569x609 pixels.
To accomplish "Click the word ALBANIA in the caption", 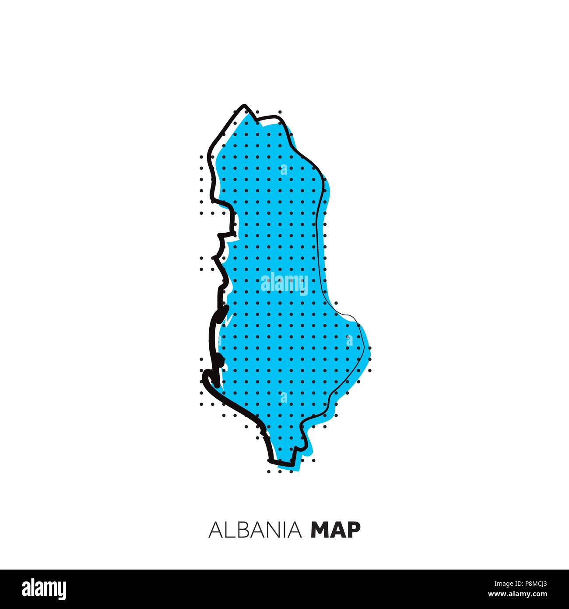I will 256,530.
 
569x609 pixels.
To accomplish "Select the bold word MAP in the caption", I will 335,530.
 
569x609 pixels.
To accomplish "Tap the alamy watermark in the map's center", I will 284,283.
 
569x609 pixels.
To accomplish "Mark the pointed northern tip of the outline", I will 245,106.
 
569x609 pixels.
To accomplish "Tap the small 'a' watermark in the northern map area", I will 284,169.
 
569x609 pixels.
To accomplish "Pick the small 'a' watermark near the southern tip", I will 284,398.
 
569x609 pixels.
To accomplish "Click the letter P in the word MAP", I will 355,530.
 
